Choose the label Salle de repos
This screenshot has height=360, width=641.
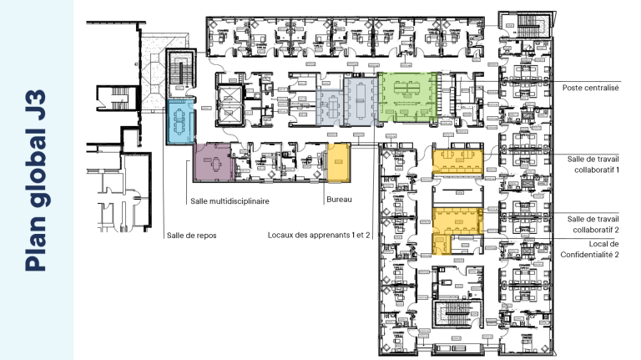[191, 235]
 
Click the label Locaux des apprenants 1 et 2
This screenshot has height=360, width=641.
[319, 235]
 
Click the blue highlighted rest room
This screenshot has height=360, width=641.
[181, 122]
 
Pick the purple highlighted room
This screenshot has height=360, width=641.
[212, 160]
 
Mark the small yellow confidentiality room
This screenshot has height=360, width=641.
[440, 245]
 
